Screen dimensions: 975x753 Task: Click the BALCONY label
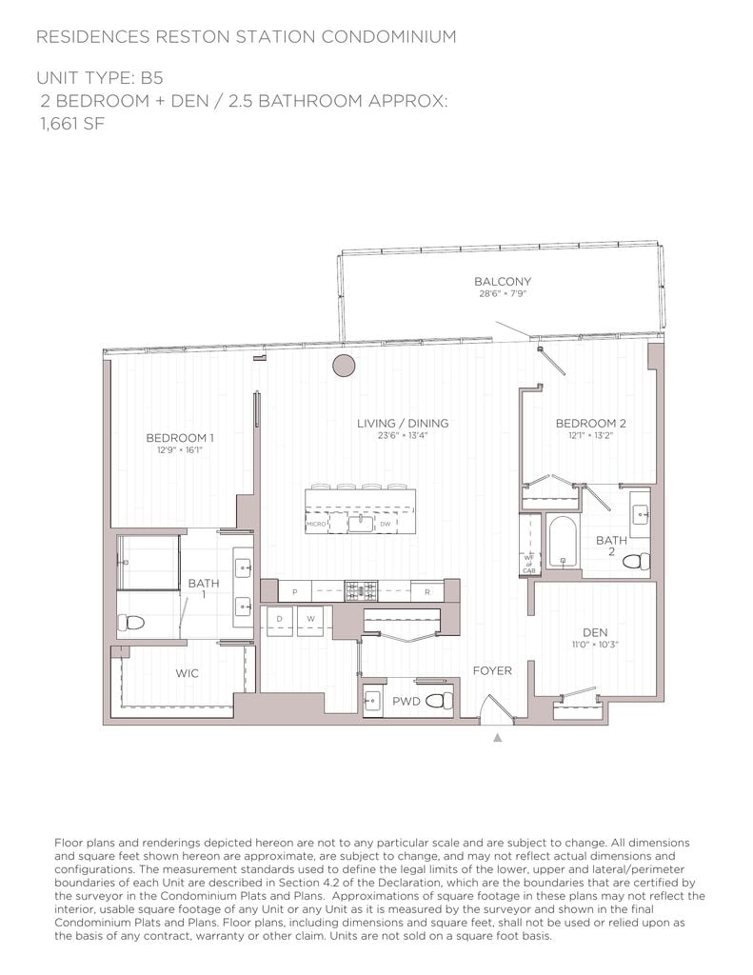pyautogui.click(x=502, y=282)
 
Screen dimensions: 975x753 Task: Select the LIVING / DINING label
pyautogui.click(x=403, y=424)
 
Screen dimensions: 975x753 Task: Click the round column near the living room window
pyautogui.click(x=344, y=365)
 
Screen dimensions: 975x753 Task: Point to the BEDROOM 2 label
pyautogui.click(x=590, y=424)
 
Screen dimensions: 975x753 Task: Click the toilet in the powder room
pyautogui.click(x=439, y=702)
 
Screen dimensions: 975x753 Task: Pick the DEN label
pyautogui.click(x=595, y=632)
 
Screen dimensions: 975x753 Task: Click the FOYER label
pyautogui.click(x=492, y=671)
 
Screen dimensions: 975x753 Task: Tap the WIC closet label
pyautogui.click(x=187, y=673)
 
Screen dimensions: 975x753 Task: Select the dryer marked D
pyautogui.click(x=280, y=619)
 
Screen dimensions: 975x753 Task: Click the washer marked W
pyautogui.click(x=310, y=619)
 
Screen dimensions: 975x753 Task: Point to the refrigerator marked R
pyautogui.click(x=427, y=592)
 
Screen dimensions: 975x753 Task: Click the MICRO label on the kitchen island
pyautogui.click(x=316, y=525)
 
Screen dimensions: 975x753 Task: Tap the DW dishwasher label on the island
pyautogui.click(x=385, y=525)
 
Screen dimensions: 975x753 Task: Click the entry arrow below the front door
pyautogui.click(x=496, y=736)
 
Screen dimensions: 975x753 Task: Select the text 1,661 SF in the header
pyautogui.click(x=71, y=123)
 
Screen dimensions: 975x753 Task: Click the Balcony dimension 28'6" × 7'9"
pyautogui.click(x=502, y=294)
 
